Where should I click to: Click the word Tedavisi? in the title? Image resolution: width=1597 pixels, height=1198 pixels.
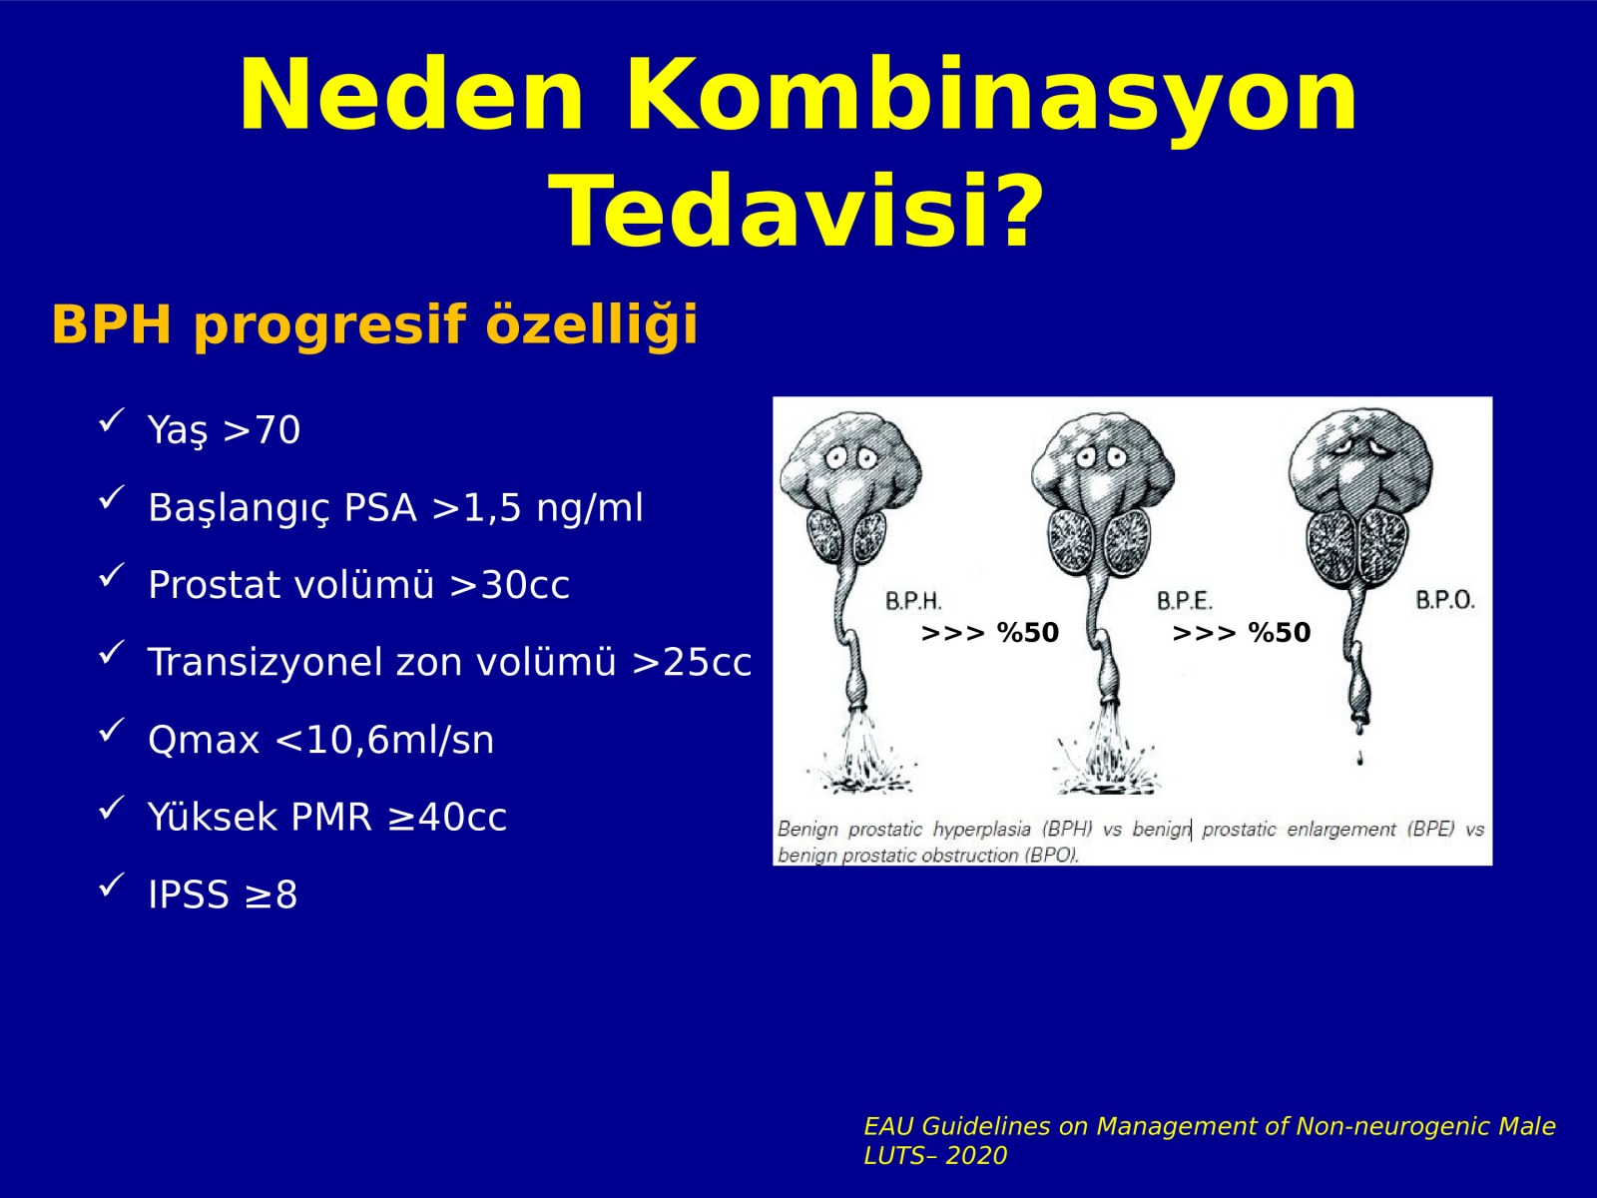pos(798,213)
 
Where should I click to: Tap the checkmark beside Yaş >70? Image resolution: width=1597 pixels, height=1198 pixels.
pos(112,419)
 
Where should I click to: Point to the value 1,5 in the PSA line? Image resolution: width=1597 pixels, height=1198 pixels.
pos(492,507)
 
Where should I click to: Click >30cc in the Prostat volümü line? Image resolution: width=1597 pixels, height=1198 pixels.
pos(510,585)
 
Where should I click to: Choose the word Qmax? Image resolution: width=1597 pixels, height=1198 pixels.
pos(204,741)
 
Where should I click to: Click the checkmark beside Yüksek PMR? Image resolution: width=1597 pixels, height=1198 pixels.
pos(112,808)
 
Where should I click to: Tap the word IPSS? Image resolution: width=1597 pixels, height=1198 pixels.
pos(189,895)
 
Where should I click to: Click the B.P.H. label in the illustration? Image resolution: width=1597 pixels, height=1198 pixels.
pos(914,602)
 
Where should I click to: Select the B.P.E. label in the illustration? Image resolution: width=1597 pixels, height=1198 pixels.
pos(1185,602)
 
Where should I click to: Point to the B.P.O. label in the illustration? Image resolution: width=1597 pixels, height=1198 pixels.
pos(1445,600)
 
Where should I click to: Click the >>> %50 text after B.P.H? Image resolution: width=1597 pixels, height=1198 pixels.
pos(990,633)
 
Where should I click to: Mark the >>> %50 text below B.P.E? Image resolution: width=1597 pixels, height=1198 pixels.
pos(1242,633)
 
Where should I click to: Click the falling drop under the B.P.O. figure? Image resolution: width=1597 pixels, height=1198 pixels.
pos(1359,760)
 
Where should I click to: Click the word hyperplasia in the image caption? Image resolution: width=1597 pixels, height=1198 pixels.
pos(981,830)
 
